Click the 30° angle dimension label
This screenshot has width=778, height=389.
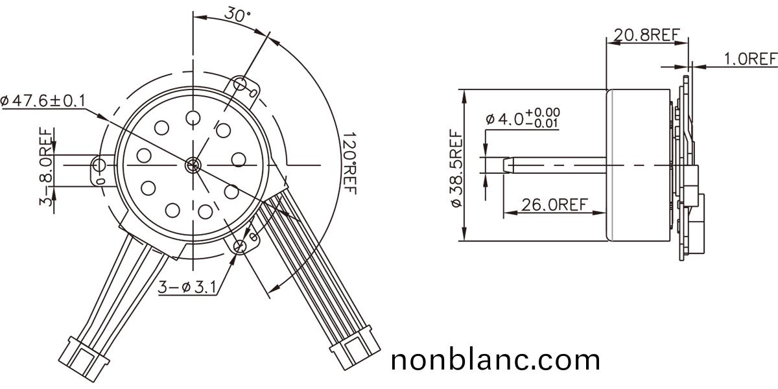[x=239, y=14]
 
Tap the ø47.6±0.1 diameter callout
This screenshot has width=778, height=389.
[x=43, y=100]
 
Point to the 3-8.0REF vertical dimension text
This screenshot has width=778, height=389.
[x=46, y=167]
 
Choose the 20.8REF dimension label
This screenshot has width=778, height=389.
[x=646, y=36]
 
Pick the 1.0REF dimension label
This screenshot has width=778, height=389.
[x=750, y=60]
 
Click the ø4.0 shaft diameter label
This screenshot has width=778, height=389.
[x=523, y=119]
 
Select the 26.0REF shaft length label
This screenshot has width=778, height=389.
[x=554, y=205]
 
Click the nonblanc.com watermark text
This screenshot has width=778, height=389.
[x=495, y=359]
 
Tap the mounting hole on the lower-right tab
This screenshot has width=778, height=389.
[x=241, y=245]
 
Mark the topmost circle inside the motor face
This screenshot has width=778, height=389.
[x=193, y=117]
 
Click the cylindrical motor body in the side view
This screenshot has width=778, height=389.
[x=639, y=165]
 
